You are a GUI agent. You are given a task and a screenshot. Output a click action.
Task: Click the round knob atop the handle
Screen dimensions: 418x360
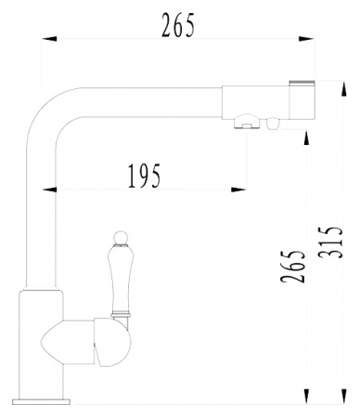[x=119, y=234]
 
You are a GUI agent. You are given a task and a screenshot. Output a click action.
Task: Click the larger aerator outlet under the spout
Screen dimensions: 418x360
[x=247, y=120]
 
